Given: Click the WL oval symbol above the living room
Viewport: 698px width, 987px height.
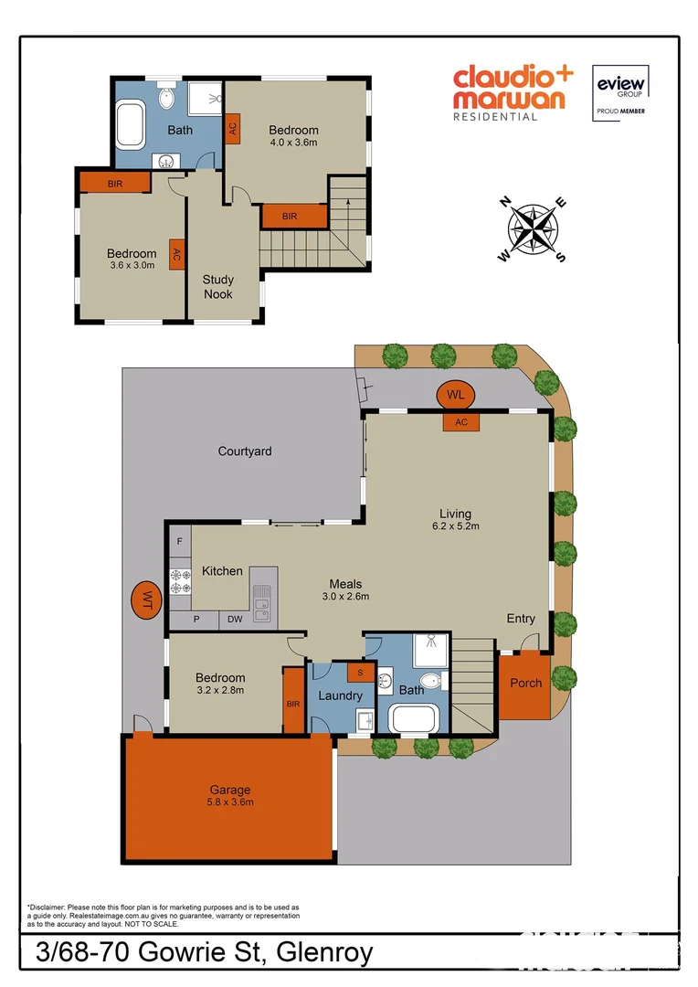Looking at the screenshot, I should tap(455, 395).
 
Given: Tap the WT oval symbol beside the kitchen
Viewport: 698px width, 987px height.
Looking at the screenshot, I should tap(144, 600).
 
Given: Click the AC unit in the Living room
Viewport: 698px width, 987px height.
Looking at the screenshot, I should tap(460, 421).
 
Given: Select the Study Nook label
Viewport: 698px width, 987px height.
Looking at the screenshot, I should tap(218, 287).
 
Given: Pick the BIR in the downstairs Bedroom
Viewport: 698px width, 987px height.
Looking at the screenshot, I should tap(292, 702).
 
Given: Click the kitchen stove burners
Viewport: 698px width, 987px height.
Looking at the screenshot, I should tap(179, 581).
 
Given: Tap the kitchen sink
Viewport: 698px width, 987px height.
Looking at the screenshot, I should tap(262, 600).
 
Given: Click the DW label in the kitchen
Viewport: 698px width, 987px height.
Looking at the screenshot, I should tap(235, 620).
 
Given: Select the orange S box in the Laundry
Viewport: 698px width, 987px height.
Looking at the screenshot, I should tap(360, 674).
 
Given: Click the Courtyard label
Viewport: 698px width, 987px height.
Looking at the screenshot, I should tap(244, 451).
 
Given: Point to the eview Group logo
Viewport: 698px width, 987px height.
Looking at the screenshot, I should tap(621, 91).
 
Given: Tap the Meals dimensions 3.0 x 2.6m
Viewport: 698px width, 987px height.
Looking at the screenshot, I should tap(345, 597).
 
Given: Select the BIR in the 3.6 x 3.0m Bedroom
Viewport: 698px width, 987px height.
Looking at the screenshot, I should tap(115, 184).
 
